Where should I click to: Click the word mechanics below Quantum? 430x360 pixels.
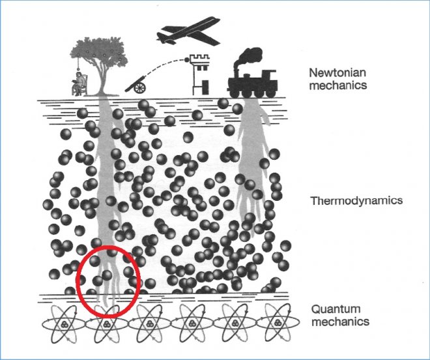coord(340,322)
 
